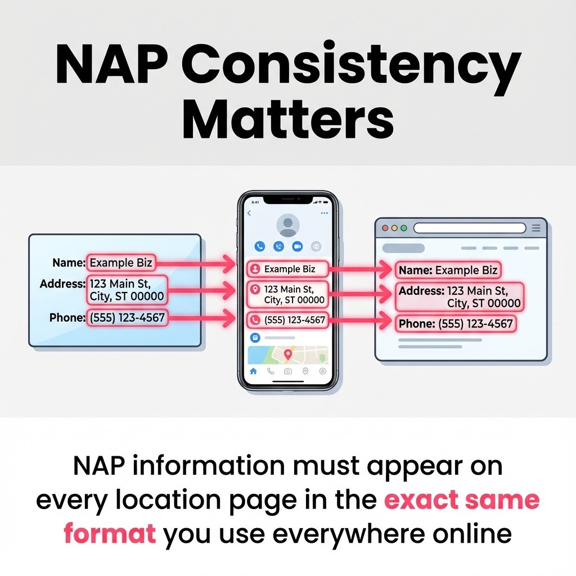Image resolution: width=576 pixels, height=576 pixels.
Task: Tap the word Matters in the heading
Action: point(287,119)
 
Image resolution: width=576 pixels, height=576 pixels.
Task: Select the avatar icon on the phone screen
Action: point(287,225)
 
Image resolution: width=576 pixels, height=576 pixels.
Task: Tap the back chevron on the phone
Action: point(249,214)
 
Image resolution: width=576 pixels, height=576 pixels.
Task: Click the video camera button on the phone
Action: point(297,246)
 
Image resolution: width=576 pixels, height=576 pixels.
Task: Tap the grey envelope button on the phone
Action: point(316,246)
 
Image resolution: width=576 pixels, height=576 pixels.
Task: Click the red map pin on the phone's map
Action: point(288,354)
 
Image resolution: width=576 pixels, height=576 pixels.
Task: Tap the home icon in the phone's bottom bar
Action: point(253,371)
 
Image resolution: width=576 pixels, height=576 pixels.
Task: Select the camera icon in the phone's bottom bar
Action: point(288,371)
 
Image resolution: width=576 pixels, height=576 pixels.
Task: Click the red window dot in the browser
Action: point(386,228)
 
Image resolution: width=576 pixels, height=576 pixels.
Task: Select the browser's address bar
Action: point(470,228)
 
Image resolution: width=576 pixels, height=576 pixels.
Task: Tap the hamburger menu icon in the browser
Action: point(536,228)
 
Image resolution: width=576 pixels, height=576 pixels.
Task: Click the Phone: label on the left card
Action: point(67,318)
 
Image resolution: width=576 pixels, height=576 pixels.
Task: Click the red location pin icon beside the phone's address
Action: point(255,289)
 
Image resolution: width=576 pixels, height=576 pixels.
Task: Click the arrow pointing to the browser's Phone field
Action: point(360,322)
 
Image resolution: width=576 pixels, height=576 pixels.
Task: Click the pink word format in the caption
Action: point(110,533)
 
